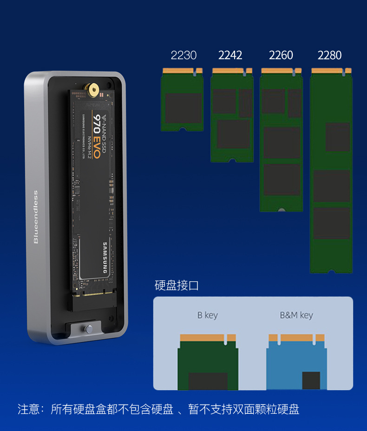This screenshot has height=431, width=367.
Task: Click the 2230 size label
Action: [x=183, y=55]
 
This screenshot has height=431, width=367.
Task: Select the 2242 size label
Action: [x=230, y=55]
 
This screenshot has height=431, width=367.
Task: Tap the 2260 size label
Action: [x=281, y=55]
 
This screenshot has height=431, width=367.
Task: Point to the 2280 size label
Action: [x=329, y=55]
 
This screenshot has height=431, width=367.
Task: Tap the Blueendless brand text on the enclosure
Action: [x=36, y=217]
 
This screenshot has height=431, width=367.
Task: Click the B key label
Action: [x=207, y=315]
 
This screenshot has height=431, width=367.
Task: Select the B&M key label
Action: [x=296, y=315]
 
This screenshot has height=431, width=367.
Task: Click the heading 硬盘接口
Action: [x=177, y=285]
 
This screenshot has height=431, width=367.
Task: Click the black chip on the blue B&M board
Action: [x=311, y=380]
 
